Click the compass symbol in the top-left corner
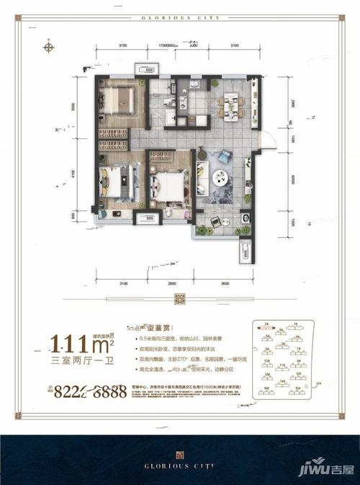(x=50, y=48)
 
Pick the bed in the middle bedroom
(x=170, y=186)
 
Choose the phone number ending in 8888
(x=90, y=391)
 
